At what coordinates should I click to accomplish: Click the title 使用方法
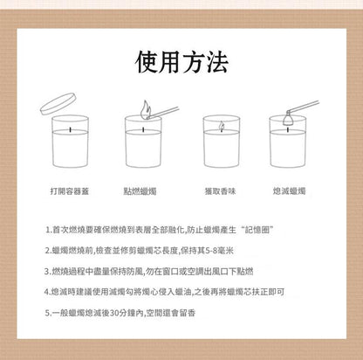point(181,62)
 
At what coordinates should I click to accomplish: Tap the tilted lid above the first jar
point(58,103)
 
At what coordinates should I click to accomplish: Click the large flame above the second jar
point(146,109)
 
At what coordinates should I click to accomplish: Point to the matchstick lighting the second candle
point(163,112)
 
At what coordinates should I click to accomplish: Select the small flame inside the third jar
point(222,126)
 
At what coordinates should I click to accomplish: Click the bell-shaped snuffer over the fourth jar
point(287,118)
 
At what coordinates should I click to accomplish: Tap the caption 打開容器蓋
point(70,191)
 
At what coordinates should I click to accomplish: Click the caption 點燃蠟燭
point(140,191)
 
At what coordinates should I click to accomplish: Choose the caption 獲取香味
point(220,191)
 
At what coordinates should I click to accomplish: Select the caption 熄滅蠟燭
point(289,191)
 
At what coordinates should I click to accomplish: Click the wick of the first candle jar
point(70,129)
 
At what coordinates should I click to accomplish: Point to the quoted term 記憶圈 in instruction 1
point(259,230)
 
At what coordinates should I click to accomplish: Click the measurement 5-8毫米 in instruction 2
point(219,251)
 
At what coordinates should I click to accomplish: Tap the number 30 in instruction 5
point(115,313)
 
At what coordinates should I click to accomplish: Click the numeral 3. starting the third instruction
point(48,272)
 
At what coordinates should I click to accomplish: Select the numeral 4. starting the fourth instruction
point(48,292)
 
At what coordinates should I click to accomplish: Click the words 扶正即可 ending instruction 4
point(268,292)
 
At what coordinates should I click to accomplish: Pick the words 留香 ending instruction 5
point(188,313)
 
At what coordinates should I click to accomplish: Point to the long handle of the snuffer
point(303,106)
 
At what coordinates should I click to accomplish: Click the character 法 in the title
point(216,62)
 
